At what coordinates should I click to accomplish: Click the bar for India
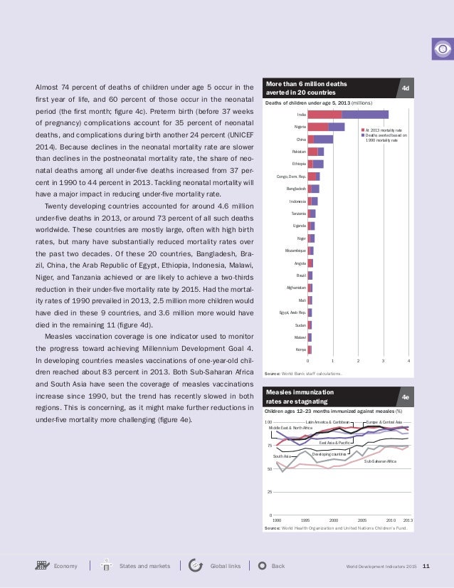[x=347, y=114]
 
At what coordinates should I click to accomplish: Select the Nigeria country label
[x=300, y=127]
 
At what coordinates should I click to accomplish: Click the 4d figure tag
[x=405, y=88]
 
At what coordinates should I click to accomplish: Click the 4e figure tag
[x=405, y=397]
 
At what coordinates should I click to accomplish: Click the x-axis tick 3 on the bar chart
[x=384, y=362]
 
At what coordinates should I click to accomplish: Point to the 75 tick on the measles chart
[x=268, y=446]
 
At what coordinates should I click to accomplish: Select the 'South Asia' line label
[x=282, y=456]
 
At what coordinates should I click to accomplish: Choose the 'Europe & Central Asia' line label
[x=384, y=422]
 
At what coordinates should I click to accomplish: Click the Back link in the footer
[x=278, y=566]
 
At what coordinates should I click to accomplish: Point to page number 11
[x=426, y=567]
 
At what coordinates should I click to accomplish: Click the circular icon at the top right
[x=441, y=49]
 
